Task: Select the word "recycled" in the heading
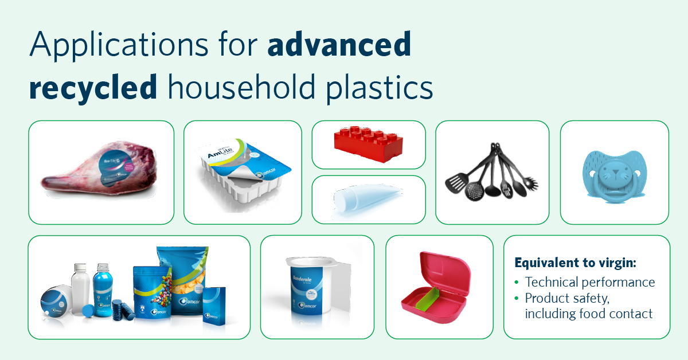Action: (x=93, y=88)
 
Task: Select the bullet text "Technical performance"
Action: (x=590, y=282)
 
